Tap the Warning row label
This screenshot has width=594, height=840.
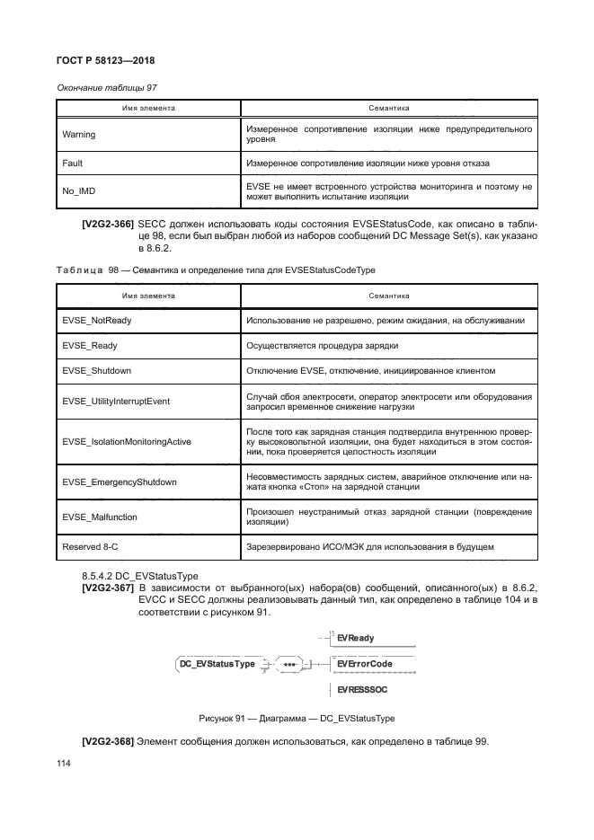(78, 135)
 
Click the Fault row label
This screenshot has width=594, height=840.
(71, 164)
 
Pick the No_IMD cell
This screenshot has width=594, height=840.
(78, 191)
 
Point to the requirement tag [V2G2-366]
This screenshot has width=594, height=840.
(108, 224)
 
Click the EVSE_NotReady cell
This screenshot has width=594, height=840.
(97, 320)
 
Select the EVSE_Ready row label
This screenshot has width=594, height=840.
(90, 345)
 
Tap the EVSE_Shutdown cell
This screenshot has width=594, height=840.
(96, 370)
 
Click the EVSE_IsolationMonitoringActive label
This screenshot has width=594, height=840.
(126, 442)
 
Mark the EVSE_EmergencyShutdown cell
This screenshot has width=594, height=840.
(119, 482)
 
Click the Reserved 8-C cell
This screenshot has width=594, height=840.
(88, 546)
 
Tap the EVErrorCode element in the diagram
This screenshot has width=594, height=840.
(365, 664)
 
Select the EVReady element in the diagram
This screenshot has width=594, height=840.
(356, 638)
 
